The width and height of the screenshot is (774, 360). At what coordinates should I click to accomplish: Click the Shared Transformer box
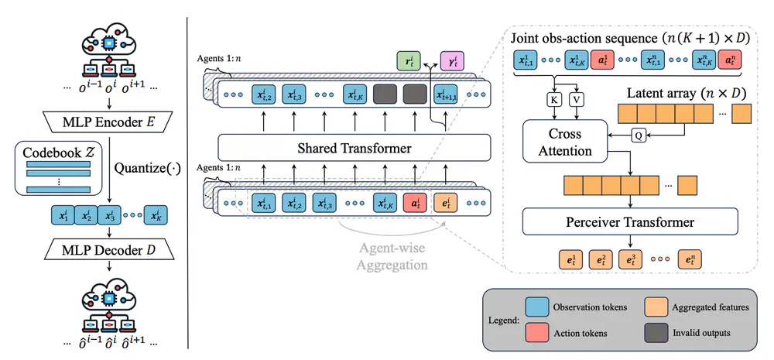(354, 147)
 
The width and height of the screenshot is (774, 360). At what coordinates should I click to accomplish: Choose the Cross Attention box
(564, 142)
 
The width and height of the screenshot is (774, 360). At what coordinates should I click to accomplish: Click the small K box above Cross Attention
(555, 100)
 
